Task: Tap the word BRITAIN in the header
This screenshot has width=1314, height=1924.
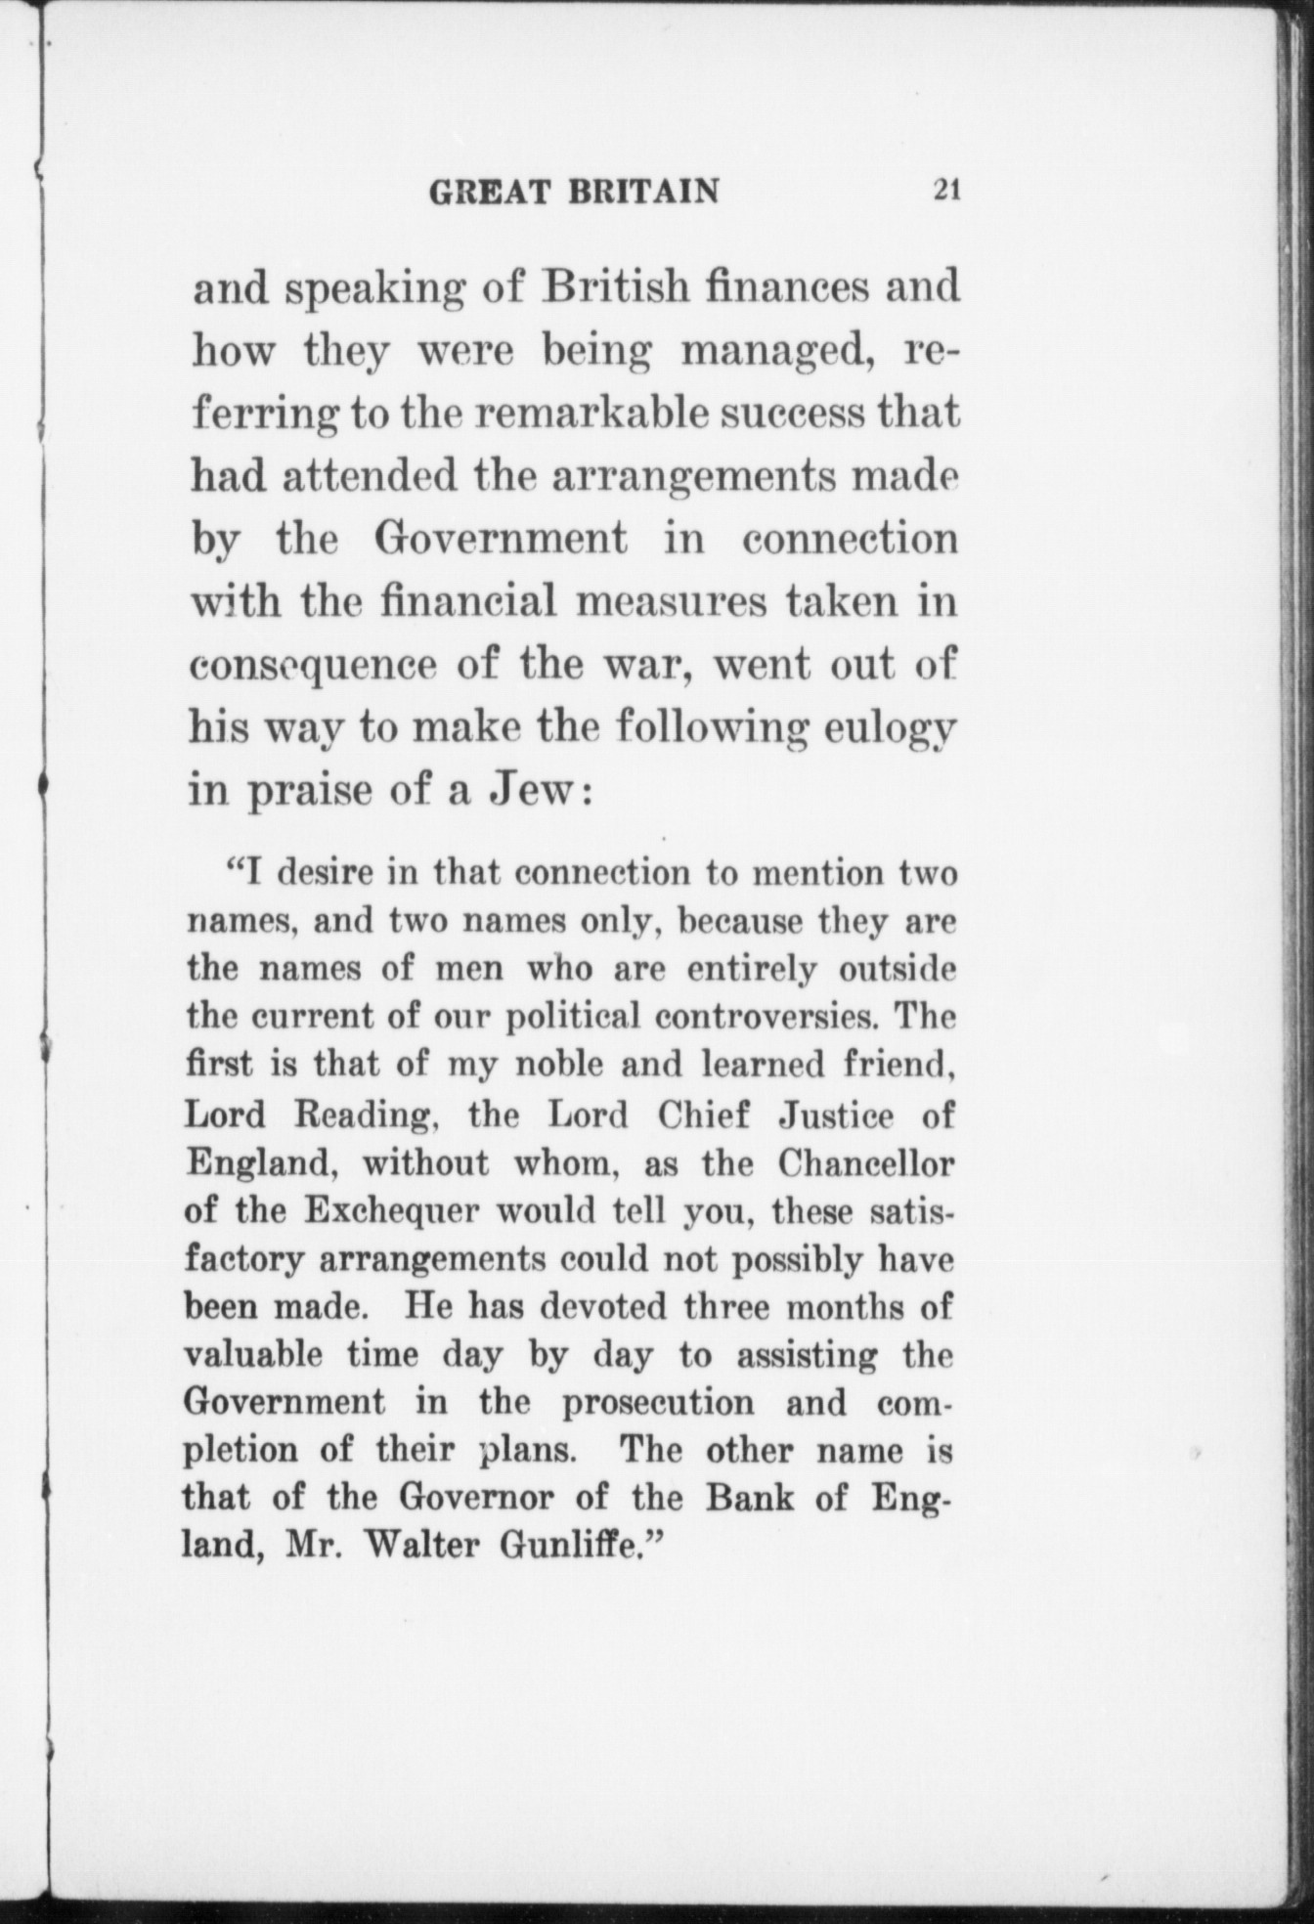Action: [644, 191]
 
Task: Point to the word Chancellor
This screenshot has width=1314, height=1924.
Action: [866, 1163]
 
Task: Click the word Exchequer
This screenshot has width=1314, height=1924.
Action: [390, 1211]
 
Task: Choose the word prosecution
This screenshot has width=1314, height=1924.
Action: [658, 1403]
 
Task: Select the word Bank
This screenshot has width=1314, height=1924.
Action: [750, 1498]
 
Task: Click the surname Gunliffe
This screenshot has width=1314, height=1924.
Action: [584, 1546]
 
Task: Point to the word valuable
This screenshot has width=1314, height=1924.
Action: [254, 1356]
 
